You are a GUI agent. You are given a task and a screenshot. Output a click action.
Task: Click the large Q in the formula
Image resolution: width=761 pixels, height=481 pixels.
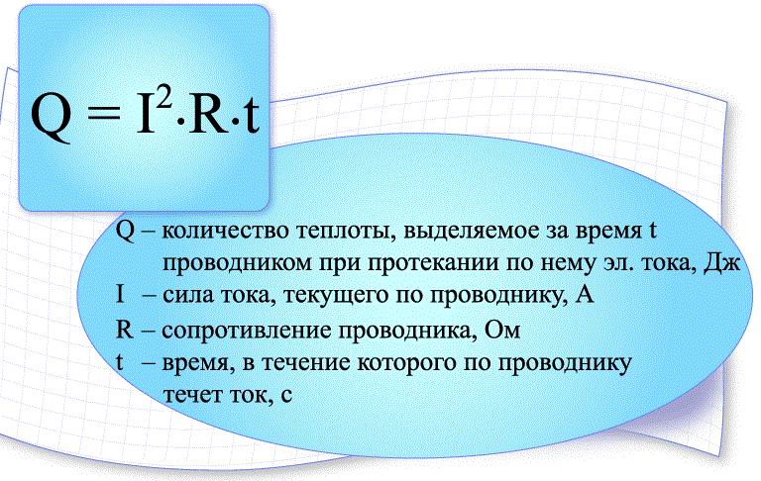[x=51, y=117]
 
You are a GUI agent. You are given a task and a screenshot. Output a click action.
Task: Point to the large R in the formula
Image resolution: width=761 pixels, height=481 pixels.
[x=208, y=115]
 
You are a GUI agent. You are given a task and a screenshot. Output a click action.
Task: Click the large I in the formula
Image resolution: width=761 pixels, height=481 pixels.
[x=145, y=115]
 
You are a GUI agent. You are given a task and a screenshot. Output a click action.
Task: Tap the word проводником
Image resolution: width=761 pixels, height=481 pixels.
[x=238, y=263]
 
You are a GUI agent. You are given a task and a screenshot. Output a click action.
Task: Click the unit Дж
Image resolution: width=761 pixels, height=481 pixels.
[x=722, y=262]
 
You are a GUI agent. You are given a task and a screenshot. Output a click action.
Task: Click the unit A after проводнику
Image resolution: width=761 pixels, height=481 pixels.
[x=584, y=294]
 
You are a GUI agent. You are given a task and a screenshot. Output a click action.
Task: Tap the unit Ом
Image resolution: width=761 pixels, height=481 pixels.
[x=502, y=330]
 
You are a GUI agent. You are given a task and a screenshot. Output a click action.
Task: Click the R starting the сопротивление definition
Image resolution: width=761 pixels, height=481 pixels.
[x=124, y=330]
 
